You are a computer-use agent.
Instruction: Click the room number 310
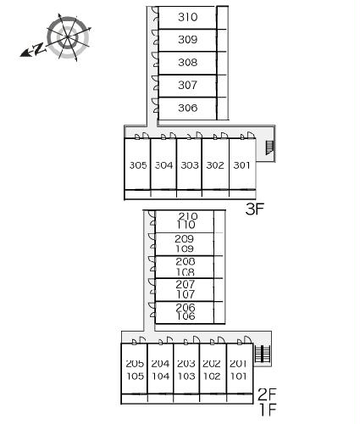[x=187, y=17]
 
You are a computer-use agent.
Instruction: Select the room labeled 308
[x=187, y=62]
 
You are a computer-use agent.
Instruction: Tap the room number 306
[x=187, y=108]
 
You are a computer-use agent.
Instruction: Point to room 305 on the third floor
[x=138, y=165]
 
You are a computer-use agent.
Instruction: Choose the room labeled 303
[x=190, y=165]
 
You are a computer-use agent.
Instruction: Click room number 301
[x=241, y=165]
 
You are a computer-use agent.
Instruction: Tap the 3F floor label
[x=254, y=209]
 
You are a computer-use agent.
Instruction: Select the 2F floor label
[x=267, y=394]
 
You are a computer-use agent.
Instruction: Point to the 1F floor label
[x=268, y=410]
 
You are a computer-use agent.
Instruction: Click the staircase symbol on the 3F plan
[x=269, y=148]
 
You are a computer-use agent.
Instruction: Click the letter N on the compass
[x=39, y=49]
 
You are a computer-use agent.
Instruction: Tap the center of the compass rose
[x=68, y=37]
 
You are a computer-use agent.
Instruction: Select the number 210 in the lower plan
[x=188, y=216]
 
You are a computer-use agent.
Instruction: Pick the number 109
[x=186, y=248]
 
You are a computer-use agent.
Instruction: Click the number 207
[x=186, y=284]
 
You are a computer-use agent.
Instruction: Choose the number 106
[x=186, y=316]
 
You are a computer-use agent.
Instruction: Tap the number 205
[x=135, y=364]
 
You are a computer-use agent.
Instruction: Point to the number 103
[x=186, y=377]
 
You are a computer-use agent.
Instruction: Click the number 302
[x=215, y=165]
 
